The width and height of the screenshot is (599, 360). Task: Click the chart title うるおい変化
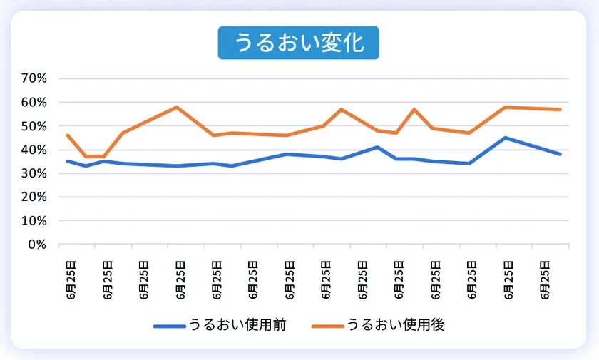[x=299, y=43]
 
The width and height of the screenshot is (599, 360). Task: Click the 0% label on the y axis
[x=36, y=245]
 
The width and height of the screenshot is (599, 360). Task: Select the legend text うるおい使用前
[x=237, y=325]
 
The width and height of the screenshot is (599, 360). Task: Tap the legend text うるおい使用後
[x=396, y=325]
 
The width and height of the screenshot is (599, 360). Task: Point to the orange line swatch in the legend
[x=327, y=326]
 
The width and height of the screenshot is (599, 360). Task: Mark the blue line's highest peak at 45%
[x=505, y=138]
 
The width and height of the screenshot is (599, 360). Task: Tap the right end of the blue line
[x=560, y=154]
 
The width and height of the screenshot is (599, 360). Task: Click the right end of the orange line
[x=560, y=109]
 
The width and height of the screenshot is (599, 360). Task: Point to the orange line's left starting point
[x=67, y=135]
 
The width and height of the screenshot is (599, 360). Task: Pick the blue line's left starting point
[x=67, y=161]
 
